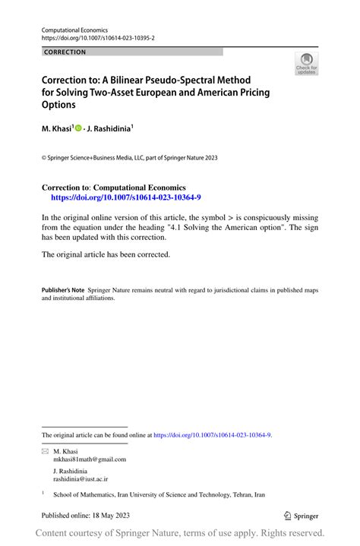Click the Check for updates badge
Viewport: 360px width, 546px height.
306,64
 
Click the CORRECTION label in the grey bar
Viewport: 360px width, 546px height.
65,52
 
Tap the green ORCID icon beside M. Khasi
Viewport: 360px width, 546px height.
99,129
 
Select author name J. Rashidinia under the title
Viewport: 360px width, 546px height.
131,129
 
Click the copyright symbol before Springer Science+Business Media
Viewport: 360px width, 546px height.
44,159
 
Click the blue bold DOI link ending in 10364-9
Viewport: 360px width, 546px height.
125,196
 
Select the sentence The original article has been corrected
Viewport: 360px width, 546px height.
106,254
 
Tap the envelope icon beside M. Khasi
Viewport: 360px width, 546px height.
44,451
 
